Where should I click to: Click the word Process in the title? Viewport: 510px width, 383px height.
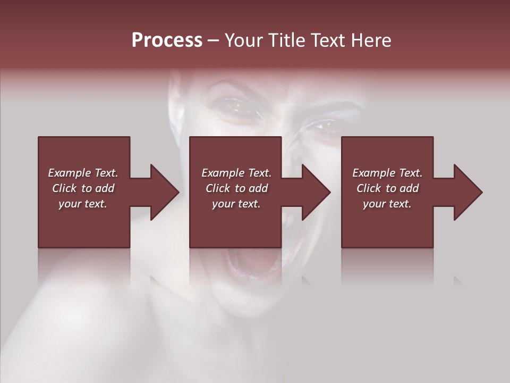[x=167, y=40]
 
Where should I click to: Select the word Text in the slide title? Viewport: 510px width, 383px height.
[x=328, y=40]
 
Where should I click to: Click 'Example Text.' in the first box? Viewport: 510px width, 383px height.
[x=83, y=173]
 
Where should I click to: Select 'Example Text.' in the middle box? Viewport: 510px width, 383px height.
[x=236, y=173]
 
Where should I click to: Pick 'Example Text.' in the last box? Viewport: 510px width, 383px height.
[x=387, y=173]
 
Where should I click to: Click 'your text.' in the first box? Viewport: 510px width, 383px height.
[x=83, y=204]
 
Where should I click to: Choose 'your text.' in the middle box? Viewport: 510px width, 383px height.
[x=236, y=204]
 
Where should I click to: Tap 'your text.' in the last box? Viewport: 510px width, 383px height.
[x=387, y=204]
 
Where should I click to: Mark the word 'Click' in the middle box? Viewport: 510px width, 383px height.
[x=218, y=188]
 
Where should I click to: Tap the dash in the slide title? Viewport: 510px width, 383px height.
[x=214, y=41]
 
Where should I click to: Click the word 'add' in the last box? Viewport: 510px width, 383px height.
[x=409, y=188]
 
